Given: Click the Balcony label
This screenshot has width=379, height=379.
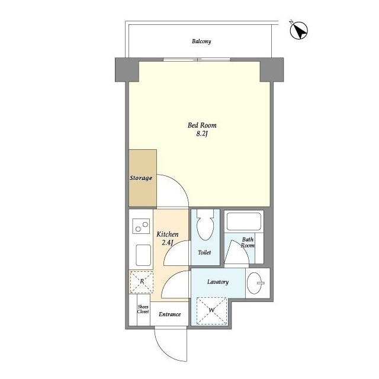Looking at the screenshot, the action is coord(201,41).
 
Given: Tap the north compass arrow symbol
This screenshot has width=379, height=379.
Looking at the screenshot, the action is coord(298,30).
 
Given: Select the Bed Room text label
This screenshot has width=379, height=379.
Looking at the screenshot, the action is coord(202,125).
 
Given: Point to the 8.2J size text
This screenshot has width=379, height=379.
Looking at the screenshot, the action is coord(202,134).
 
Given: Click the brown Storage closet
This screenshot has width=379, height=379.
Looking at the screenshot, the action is coord(143,178).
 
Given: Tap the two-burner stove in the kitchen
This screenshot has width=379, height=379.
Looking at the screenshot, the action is coord(141,226).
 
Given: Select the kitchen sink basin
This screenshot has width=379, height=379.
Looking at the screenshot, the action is coord(143,255).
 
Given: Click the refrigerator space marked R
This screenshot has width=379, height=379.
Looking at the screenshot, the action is coord(142,282).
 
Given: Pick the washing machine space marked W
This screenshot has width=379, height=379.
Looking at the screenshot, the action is coord(211,310).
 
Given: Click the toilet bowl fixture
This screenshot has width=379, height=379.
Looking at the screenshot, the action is coord(205,225).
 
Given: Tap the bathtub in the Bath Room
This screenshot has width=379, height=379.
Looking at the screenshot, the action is coord(244,221).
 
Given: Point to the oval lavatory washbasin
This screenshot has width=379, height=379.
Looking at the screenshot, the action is coord(255,283).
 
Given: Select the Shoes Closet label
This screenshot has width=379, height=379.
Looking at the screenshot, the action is coord(143,309).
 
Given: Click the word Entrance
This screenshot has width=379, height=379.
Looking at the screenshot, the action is coord(170,314).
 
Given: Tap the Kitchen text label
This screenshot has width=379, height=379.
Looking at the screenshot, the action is coord(168,235).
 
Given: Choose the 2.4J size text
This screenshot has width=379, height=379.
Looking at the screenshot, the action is coord(168,242).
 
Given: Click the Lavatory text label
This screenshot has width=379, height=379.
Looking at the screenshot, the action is coord(218,282).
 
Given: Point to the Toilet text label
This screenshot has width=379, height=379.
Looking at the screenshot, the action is coord(204,253).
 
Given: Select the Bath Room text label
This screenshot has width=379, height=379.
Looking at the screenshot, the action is coord(248,242).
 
